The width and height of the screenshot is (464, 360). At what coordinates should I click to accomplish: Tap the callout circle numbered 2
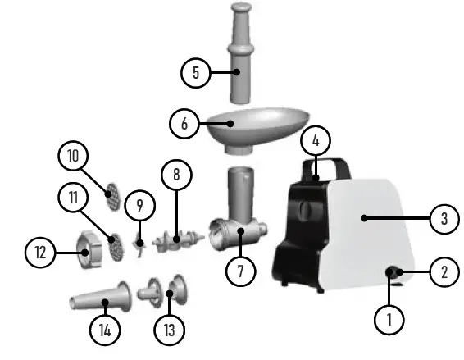[x=444, y=271]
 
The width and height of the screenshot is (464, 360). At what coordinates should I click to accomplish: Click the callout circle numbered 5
[x=195, y=72]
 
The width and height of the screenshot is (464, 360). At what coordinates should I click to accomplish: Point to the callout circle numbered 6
[x=184, y=124]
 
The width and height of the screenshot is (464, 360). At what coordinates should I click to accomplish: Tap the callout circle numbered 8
[x=176, y=174]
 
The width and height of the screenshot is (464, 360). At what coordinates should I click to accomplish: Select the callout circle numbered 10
[x=72, y=155]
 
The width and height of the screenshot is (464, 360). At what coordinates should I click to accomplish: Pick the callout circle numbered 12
[x=39, y=252]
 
